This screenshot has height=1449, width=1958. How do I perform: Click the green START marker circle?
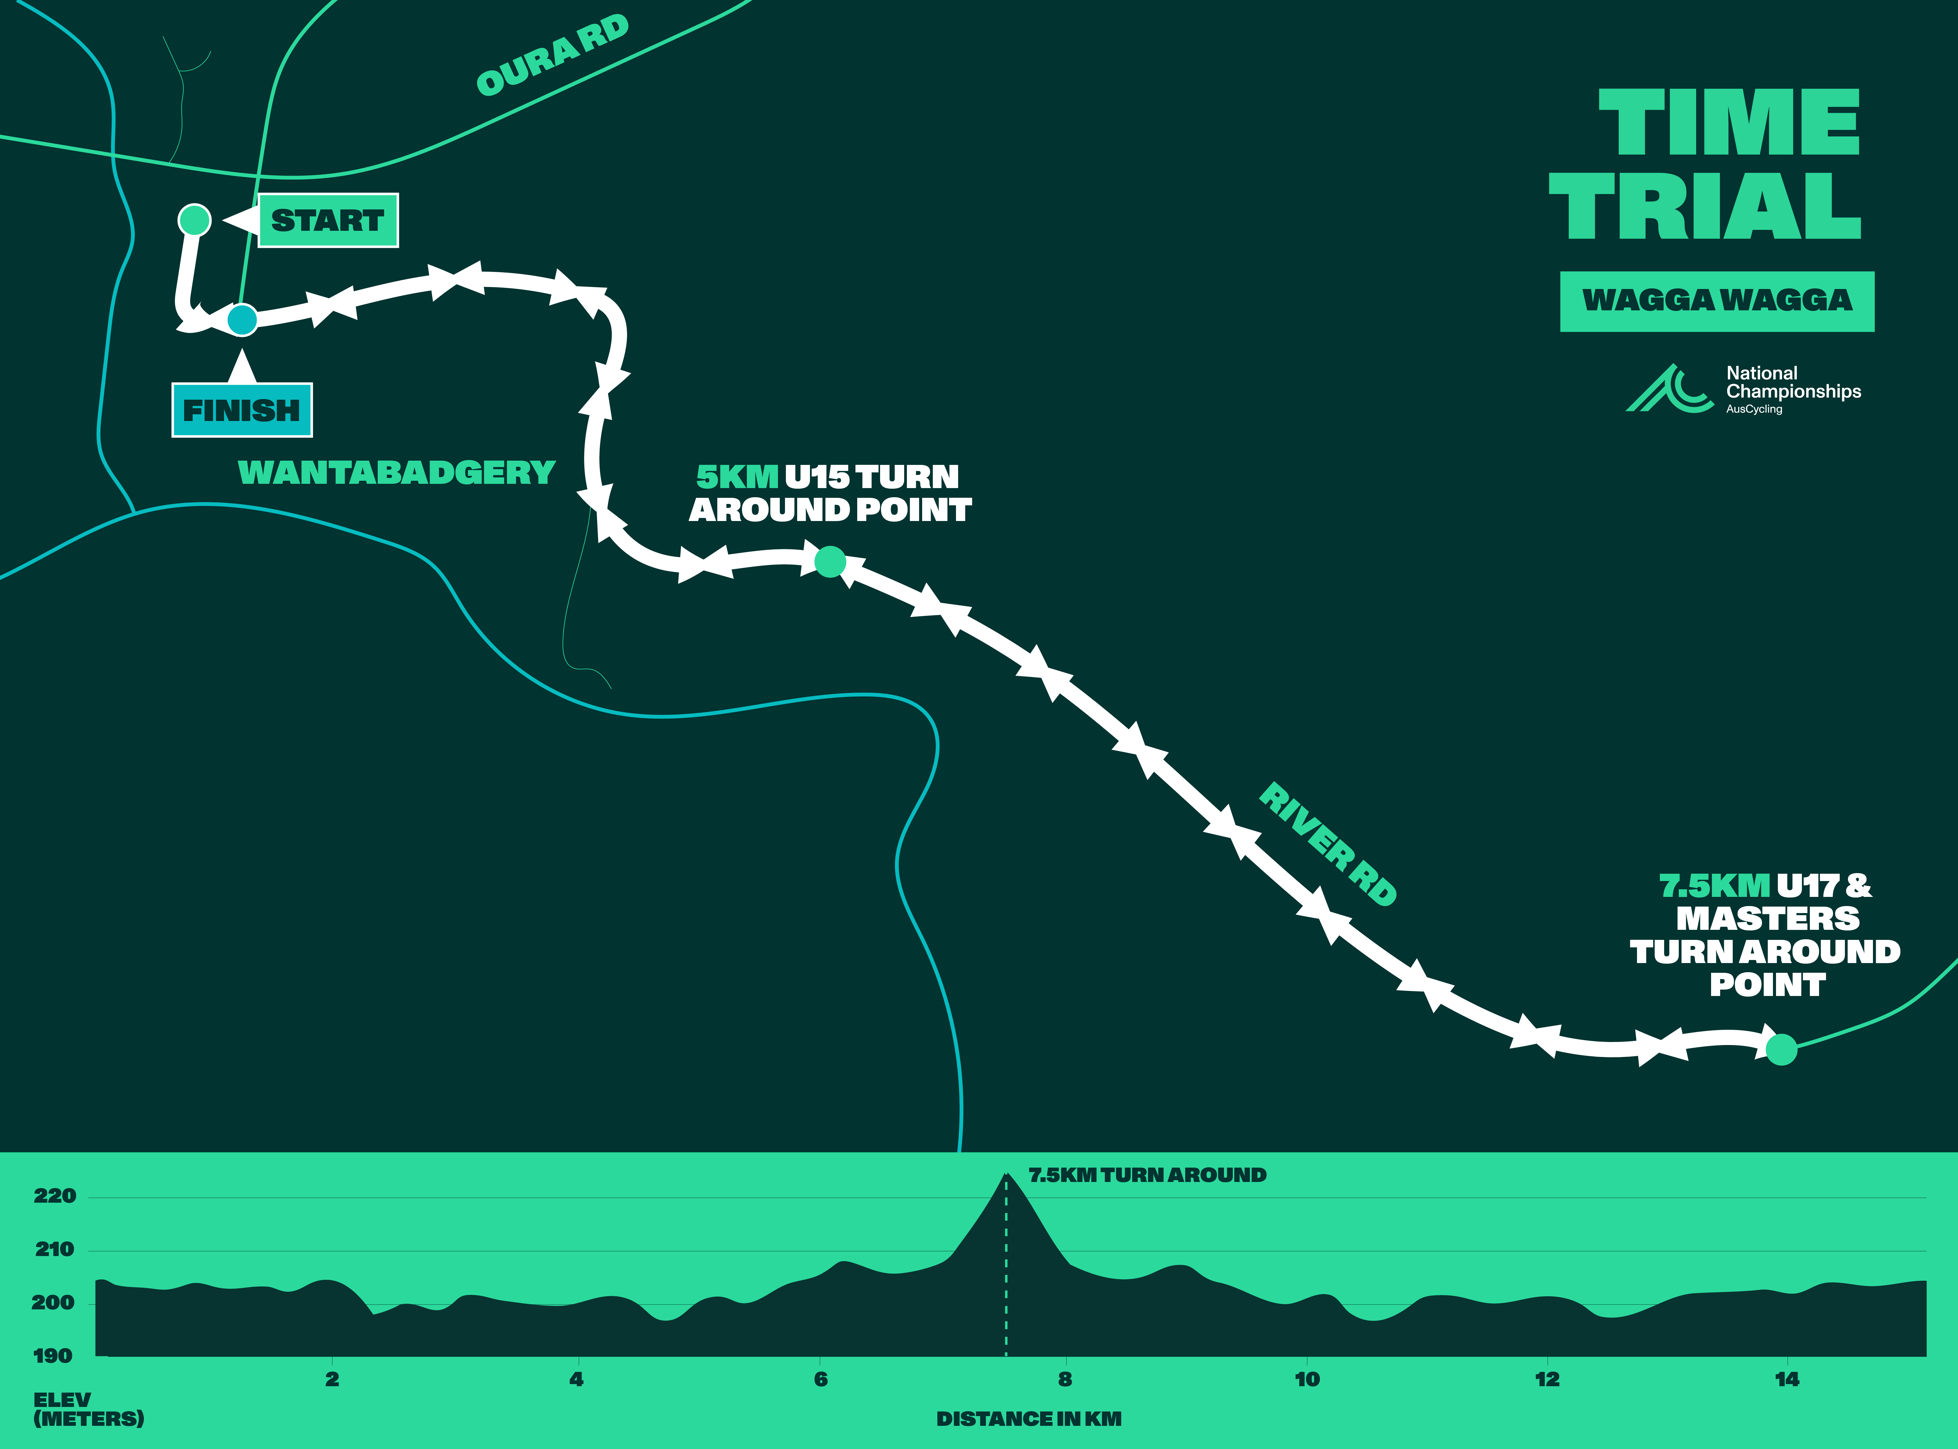click(195, 219)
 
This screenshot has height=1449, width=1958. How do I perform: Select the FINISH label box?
click(242, 410)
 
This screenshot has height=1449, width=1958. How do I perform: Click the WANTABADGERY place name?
click(396, 473)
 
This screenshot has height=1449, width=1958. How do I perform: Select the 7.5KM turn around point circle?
click(1781, 1049)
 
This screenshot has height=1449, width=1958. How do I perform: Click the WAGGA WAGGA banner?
click(1717, 301)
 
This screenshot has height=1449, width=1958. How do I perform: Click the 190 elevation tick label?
click(53, 1356)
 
